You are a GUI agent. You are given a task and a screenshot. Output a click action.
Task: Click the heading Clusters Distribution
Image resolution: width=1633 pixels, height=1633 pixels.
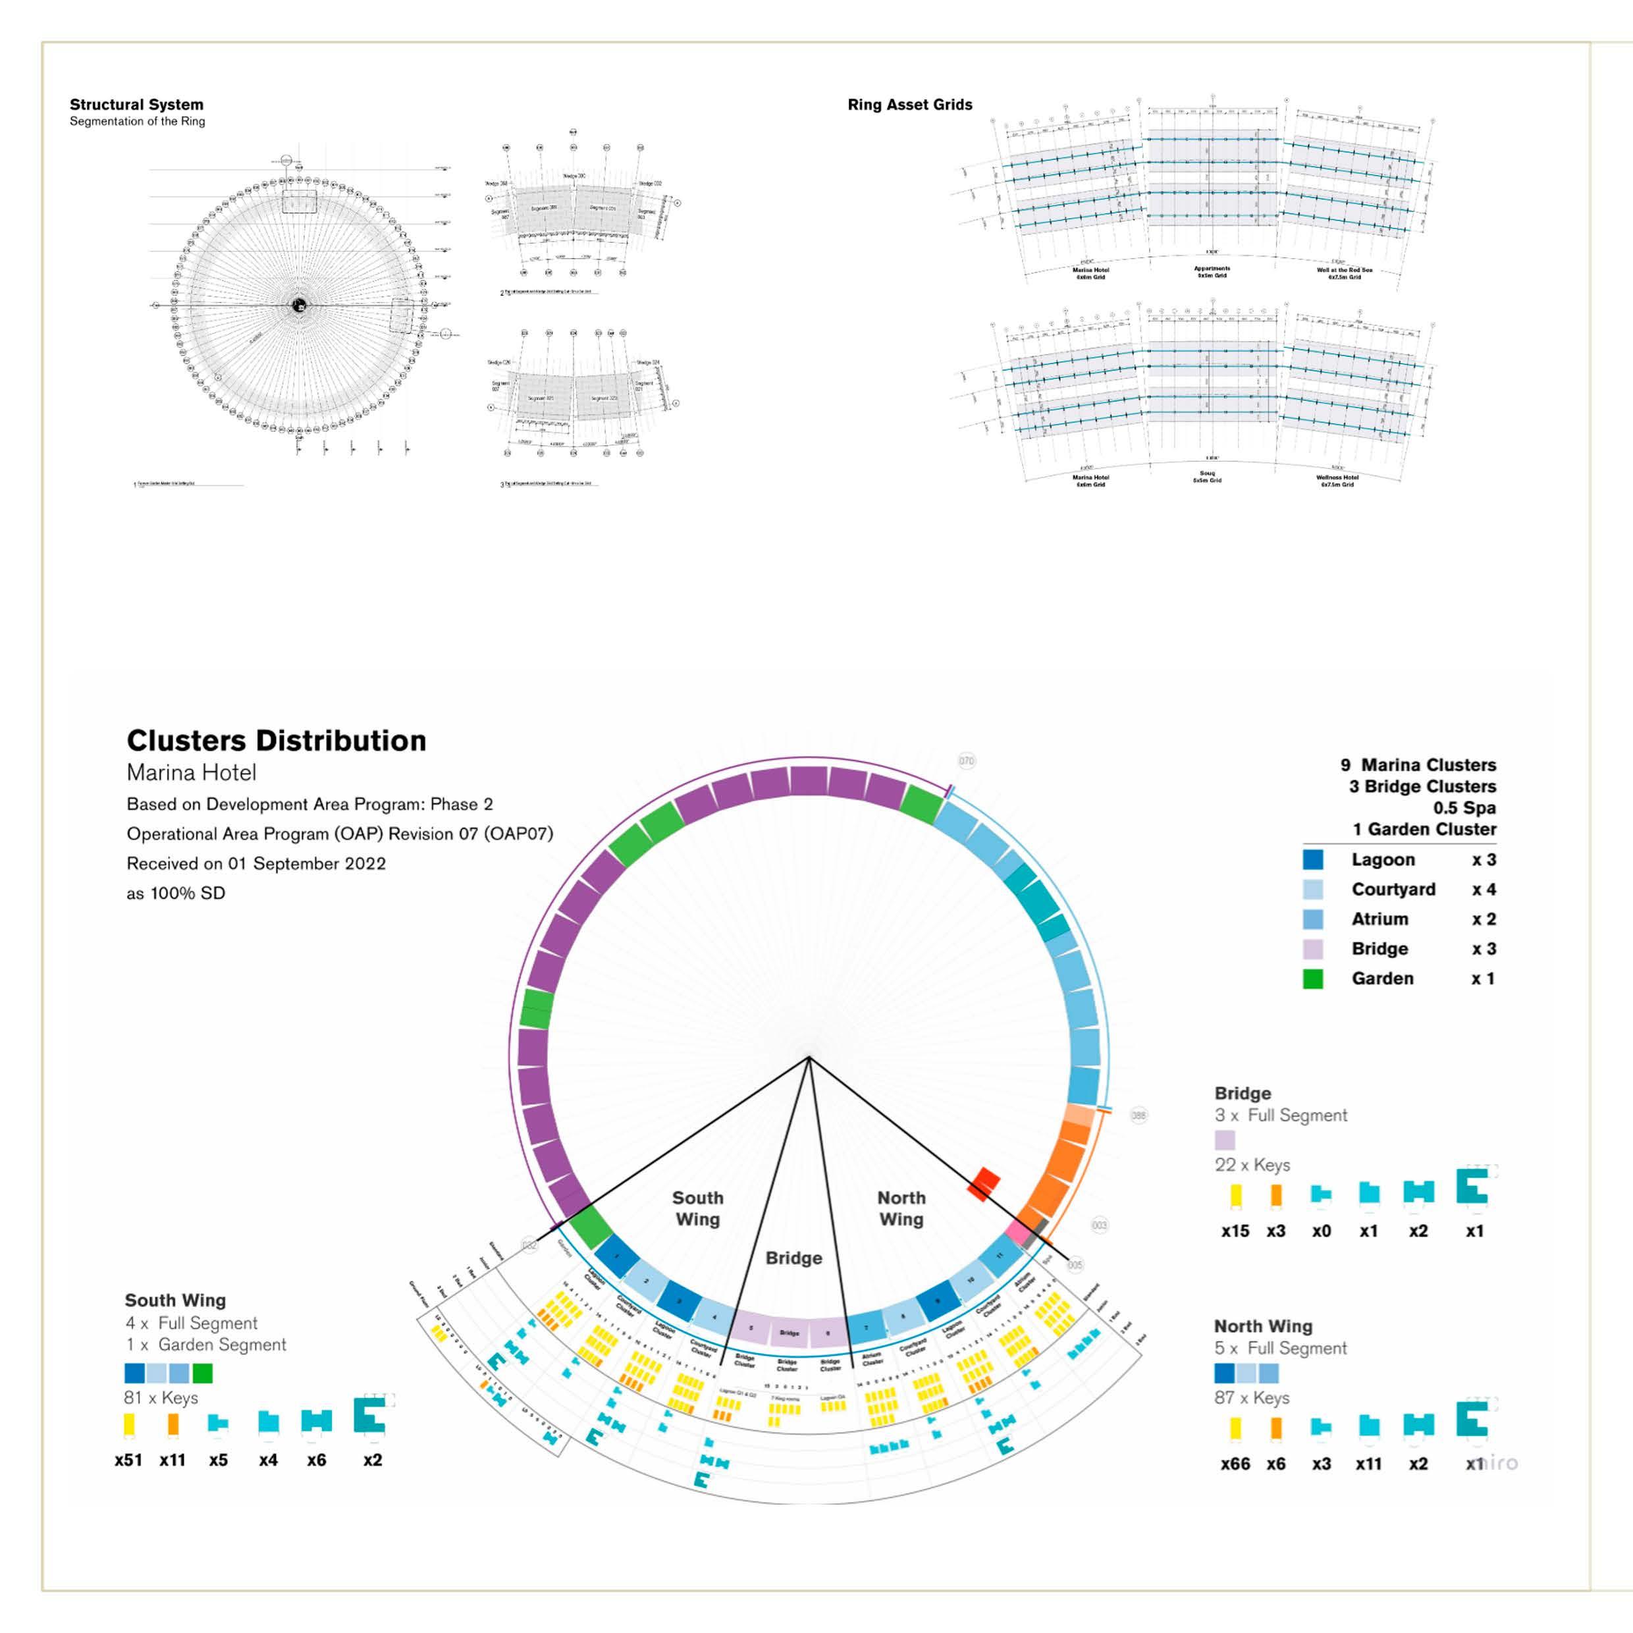(x=277, y=741)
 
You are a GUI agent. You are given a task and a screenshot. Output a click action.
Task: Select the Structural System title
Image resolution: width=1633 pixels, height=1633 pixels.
(x=136, y=105)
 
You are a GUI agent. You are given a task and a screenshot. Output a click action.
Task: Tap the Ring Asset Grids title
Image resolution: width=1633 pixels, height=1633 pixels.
(x=909, y=105)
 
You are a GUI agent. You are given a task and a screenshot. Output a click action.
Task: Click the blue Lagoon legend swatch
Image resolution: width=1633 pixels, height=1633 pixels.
(x=1312, y=859)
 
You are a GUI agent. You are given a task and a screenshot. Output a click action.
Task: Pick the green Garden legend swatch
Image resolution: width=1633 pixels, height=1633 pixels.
(x=1312, y=978)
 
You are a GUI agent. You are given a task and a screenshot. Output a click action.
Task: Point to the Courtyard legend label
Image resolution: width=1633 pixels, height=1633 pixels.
(x=1393, y=889)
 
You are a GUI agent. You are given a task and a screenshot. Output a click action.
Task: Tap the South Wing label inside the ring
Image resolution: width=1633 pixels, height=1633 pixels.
(x=697, y=1209)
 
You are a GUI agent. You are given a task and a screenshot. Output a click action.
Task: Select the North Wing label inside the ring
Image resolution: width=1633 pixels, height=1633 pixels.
(x=901, y=1209)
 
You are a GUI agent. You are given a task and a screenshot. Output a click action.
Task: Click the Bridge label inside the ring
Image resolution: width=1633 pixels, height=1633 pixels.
(x=793, y=1258)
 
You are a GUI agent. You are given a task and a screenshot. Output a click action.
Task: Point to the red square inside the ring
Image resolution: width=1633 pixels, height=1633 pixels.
(x=984, y=1184)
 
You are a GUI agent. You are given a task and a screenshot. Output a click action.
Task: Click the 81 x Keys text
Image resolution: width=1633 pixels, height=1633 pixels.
(x=161, y=1398)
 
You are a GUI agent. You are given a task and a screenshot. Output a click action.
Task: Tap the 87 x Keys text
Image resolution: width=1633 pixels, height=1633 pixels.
(x=1252, y=1398)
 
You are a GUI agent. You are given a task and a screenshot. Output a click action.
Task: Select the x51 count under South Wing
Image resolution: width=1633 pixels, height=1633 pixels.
(x=128, y=1460)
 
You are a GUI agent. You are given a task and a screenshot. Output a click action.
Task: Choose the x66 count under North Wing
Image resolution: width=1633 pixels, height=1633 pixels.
(x=1235, y=1464)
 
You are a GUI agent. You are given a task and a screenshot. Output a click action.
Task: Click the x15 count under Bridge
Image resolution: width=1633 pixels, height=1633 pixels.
(x=1235, y=1231)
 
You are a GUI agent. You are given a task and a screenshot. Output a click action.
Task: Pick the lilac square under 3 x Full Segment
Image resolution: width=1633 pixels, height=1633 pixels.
(x=1225, y=1140)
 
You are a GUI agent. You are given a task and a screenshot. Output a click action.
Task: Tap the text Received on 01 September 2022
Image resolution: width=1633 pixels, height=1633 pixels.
(x=256, y=864)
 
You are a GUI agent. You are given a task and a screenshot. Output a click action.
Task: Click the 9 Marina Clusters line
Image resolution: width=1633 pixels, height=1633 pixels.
(x=1418, y=765)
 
